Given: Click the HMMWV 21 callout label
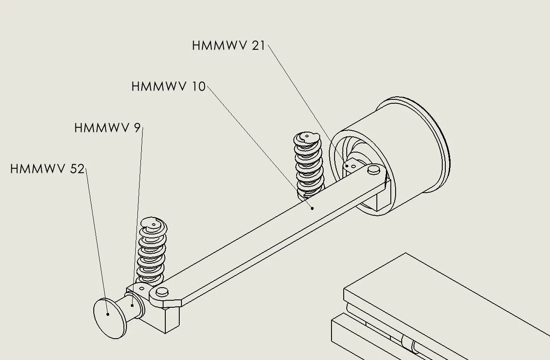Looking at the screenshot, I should coord(229,45).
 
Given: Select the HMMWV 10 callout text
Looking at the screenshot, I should coord(168,86).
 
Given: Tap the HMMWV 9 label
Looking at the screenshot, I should coord(108,128).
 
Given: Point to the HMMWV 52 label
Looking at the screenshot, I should coord(47,169).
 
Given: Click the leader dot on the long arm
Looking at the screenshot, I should coord(312,208).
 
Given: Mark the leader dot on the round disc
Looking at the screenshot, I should coord(108,313).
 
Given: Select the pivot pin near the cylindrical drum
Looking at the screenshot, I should coord(374,169).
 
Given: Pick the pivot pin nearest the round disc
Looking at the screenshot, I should coord(162,292).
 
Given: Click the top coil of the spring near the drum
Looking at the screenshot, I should coord(308,139).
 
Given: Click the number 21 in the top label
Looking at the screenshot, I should coord(258,45).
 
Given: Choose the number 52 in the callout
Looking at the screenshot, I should coord(77,169).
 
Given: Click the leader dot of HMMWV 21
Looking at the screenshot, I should coord(347,166).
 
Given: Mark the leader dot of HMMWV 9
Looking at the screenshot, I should coord(132,305).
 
